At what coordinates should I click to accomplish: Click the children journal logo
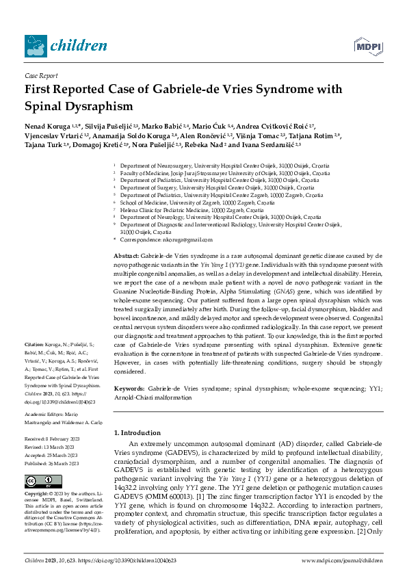click(x=65, y=44)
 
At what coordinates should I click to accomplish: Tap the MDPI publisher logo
click(x=367, y=46)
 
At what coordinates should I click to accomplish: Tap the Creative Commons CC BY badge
click(x=42, y=480)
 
